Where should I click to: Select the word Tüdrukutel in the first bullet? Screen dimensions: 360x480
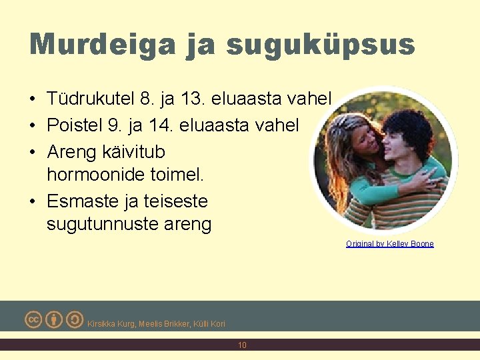click(91, 99)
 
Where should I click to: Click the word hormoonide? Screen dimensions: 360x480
click(103, 175)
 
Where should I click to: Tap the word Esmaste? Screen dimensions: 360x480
click(85, 201)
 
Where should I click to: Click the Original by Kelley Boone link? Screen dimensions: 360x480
click(389, 244)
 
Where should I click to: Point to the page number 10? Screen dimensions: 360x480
click(242, 345)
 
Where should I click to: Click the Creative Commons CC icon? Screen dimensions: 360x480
click(33, 319)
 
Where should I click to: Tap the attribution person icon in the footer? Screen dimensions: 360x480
click(54, 319)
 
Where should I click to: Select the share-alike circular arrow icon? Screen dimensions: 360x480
click(75, 319)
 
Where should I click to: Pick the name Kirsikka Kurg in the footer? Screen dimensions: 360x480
click(112, 324)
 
